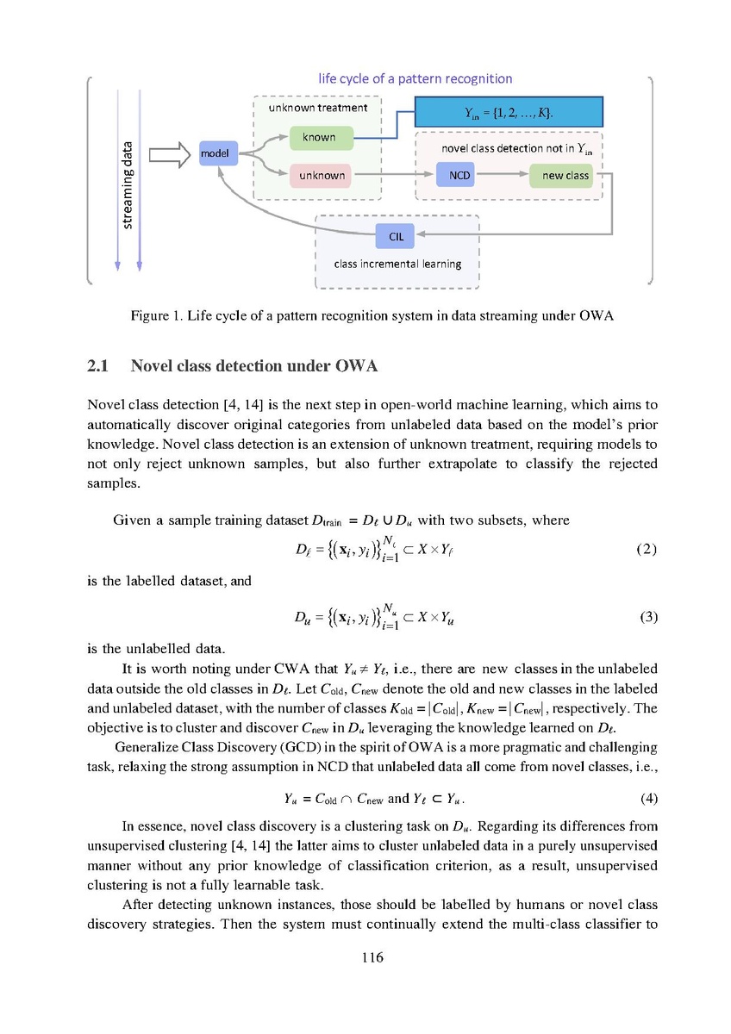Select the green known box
point(318,138)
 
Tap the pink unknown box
point(321,176)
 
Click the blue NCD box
point(460,176)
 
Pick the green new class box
point(565,176)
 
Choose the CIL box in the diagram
point(396,234)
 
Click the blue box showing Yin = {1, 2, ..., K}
point(509,113)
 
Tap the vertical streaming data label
point(128,184)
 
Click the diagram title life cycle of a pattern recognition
point(415,78)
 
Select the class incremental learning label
point(397,264)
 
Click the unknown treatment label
point(317,108)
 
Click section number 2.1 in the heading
point(98,367)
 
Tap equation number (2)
point(646,549)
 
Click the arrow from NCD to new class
point(505,176)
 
